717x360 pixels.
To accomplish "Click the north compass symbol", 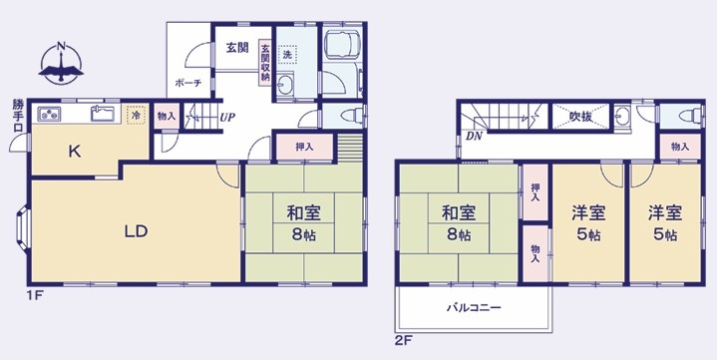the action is click(61, 64).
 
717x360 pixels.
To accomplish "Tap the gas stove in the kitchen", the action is click(49, 114).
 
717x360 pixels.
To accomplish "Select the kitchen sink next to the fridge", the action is click(102, 113).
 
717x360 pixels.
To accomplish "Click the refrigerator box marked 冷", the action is click(136, 115).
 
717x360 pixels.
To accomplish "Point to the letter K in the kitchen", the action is click(75, 152).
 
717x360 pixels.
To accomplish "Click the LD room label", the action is click(137, 231).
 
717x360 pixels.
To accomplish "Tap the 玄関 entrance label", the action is click(237, 47).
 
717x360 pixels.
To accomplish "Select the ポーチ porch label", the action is click(187, 83).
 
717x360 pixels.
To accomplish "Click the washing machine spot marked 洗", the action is click(287, 55).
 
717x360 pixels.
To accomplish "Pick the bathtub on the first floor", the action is click(342, 43).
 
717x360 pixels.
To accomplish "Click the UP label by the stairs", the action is click(227, 118).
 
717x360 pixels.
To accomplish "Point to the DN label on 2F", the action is click(475, 136).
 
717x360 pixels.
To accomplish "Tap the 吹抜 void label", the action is click(580, 117).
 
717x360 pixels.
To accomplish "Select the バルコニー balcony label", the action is click(474, 307).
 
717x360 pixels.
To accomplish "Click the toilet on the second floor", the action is click(690, 117).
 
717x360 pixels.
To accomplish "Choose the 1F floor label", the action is click(34, 295).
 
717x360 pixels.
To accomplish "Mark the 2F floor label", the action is click(405, 340).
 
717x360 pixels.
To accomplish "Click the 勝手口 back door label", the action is click(17, 117).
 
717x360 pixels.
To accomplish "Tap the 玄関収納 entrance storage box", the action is click(265, 62).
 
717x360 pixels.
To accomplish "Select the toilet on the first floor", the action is click(353, 116).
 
